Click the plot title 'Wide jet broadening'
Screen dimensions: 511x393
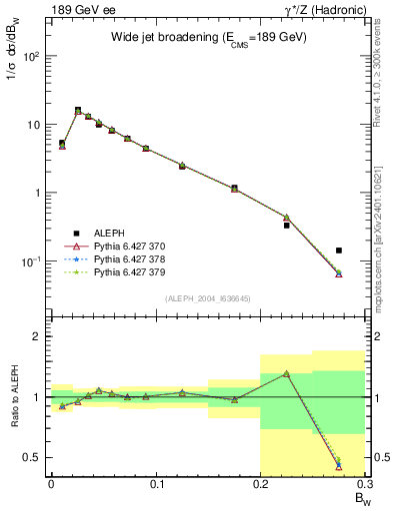[x=209, y=37]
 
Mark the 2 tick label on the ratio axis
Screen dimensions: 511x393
[x=36, y=336]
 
